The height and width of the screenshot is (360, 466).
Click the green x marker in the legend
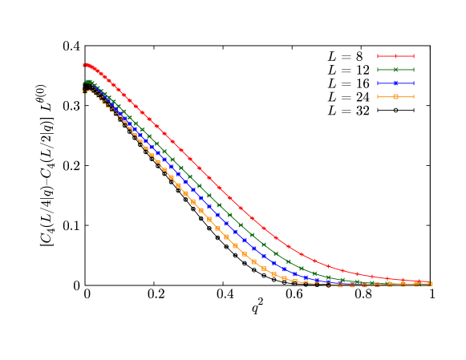coord(395,70)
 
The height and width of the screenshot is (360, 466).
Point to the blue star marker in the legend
coord(395,83)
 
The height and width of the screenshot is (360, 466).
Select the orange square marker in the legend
coord(395,96)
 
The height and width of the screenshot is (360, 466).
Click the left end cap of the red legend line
coord(378,56)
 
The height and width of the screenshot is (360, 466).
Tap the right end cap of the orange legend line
coord(414,96)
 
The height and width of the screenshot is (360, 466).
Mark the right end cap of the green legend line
coord(414,70)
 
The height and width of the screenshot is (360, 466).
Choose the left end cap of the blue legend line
coord(378,83)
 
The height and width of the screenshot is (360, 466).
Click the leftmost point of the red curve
coord(83,65)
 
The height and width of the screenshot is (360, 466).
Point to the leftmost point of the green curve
coord(84,82)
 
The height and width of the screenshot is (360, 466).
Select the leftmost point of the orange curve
coord(84,91)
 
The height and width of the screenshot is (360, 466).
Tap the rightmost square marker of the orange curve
coord(431,284)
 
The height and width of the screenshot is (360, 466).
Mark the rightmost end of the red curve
coord(431,282)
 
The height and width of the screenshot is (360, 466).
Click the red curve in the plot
coord(209,178)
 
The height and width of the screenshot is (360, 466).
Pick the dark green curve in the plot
coord(209,195)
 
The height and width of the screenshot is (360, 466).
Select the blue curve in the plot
coord(208,206)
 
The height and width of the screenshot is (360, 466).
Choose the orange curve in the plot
coord(209,219)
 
